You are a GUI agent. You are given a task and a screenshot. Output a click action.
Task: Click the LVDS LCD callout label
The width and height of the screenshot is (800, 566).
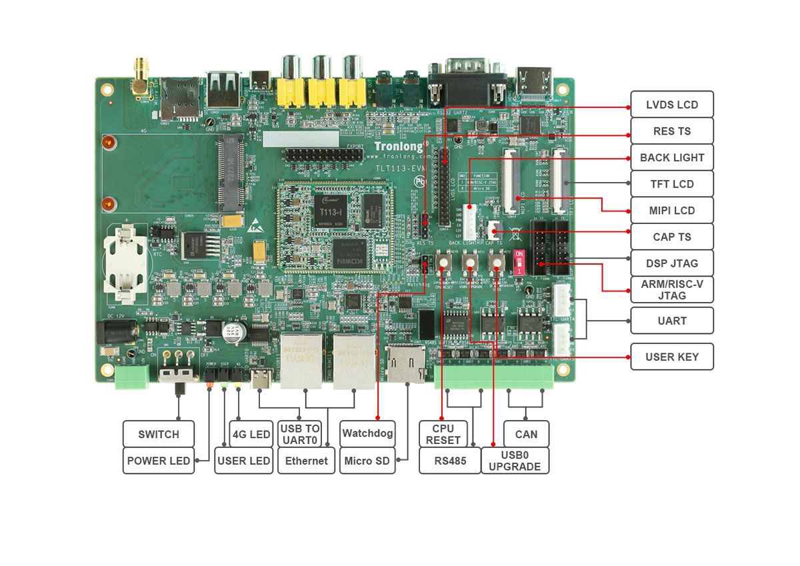pos(671,105)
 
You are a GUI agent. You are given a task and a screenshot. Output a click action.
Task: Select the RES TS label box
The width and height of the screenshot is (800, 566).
pos(671,131)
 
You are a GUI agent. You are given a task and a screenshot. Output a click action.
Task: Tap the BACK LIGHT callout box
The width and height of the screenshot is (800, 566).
pos(671,158)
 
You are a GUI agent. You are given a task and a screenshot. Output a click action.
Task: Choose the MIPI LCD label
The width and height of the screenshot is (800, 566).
pos(671,211)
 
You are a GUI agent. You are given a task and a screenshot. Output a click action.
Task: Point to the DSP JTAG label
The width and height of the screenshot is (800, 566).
pos(671,263)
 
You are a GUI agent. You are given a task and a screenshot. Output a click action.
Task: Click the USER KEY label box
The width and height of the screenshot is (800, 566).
pos(671,357)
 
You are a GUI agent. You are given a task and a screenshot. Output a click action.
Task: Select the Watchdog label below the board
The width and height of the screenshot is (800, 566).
pos(367,434)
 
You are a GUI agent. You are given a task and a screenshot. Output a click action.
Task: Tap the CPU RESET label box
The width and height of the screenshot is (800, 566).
pos(443,434)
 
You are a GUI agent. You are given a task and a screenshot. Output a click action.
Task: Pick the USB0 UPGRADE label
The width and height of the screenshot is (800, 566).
pos(515,461)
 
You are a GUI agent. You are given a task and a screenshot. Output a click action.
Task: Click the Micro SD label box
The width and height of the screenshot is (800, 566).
pos(367,461)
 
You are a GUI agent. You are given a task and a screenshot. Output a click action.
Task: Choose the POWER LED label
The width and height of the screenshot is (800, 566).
pos(158,461)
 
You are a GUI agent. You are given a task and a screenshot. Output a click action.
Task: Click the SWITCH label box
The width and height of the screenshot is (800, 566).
pos(159,434)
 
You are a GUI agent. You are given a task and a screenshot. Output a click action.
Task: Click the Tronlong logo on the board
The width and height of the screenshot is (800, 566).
pos(401,146)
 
